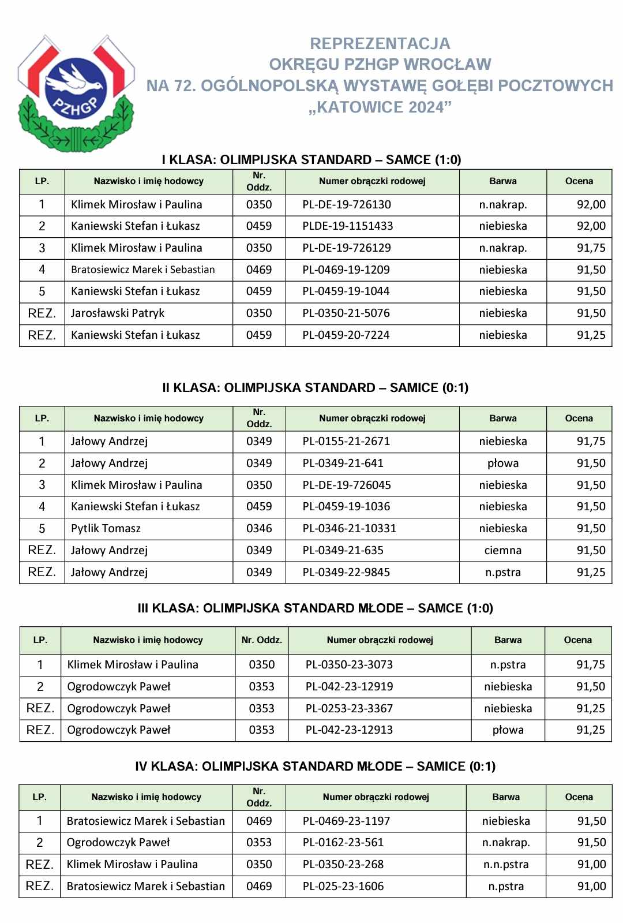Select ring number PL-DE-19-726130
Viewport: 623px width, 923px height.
pos(346,204)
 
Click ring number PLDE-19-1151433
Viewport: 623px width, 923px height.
pos(347,226)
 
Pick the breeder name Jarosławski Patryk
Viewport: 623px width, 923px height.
pos(118,313)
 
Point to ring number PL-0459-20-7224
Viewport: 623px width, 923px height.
pos(346,335)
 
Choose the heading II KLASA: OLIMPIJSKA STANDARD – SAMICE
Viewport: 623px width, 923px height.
pos(315,388)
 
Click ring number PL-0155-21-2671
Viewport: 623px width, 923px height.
pos(346,442)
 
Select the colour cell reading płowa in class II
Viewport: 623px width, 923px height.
pos(502,464)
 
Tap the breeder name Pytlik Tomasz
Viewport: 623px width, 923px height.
pos(106,529)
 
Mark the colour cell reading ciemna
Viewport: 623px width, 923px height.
pos(502,551)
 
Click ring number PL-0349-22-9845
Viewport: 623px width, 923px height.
pos(346,573)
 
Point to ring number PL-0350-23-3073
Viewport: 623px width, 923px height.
pos(349,665)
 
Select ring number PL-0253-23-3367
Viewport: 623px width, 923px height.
pos(349,708)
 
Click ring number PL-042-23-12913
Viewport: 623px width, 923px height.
pos(349,730)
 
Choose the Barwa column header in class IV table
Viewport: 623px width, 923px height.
pos(506,797)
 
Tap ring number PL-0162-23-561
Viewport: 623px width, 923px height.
pos(343,843)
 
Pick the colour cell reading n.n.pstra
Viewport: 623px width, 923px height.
pos(506,865)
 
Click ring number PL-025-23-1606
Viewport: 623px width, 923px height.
pos(343,887)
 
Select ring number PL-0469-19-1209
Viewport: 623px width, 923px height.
pos(346,270)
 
